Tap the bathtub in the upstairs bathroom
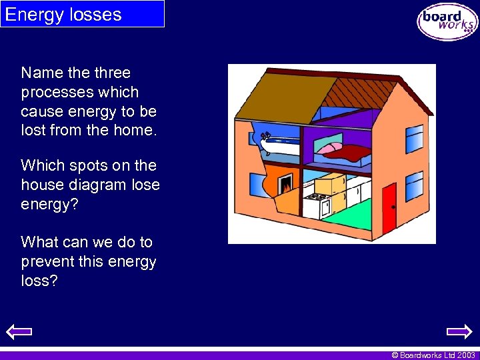coord(281,143)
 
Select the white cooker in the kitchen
coord(317,204)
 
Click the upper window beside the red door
coord(414,138)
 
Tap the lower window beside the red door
coord(414,186)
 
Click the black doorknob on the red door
coord(393,207)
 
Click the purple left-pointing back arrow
coord(19,331)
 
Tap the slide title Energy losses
coord(63,15)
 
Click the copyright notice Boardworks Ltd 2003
coord(433,355)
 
